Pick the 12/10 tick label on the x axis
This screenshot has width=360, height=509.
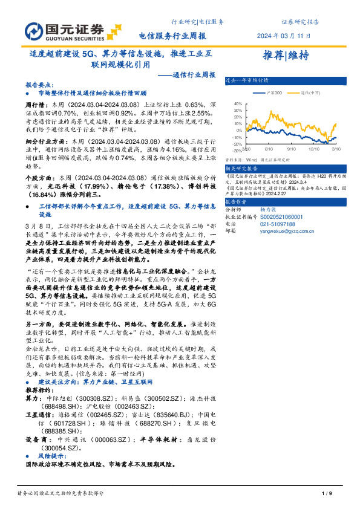(x=313, y=148)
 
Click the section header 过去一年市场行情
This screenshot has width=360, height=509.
(x=247, y=80)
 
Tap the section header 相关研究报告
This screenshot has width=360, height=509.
(x=241, y=169)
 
